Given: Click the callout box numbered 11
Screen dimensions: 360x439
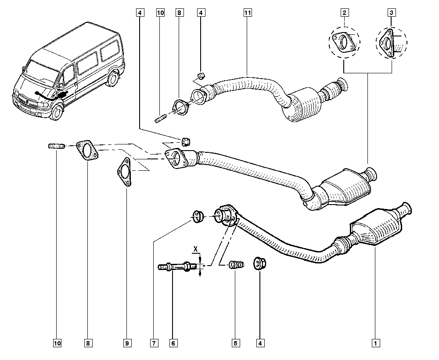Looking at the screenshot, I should point(248,13).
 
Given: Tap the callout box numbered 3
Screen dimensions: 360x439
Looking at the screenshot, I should point(391,13).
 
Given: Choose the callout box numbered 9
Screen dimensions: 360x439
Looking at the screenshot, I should point(128,342).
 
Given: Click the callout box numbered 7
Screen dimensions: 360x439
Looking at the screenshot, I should point(154,342).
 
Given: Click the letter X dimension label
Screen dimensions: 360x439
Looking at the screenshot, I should point(196,249).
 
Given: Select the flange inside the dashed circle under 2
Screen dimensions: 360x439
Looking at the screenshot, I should point(345,43).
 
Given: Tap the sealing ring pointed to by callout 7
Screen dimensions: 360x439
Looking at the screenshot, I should point(198,216).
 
